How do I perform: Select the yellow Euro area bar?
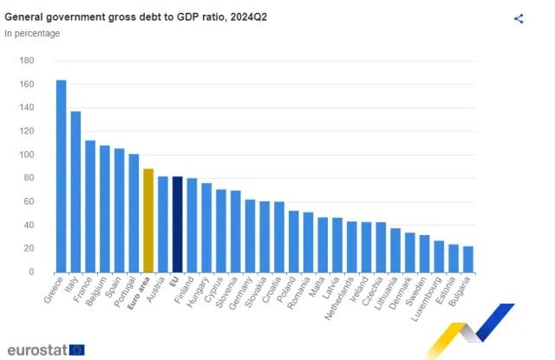(x=148, y=220)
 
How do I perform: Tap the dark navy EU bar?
(x=177, y=224)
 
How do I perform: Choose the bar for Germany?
(x=250, y=235)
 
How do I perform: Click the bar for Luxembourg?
(x=439, y=256)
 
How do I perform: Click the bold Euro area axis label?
(x=139, y=293)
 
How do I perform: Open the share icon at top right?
(x=519, y=18)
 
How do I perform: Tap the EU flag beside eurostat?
(x=77, y=350)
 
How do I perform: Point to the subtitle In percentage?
(x=32, y=33)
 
